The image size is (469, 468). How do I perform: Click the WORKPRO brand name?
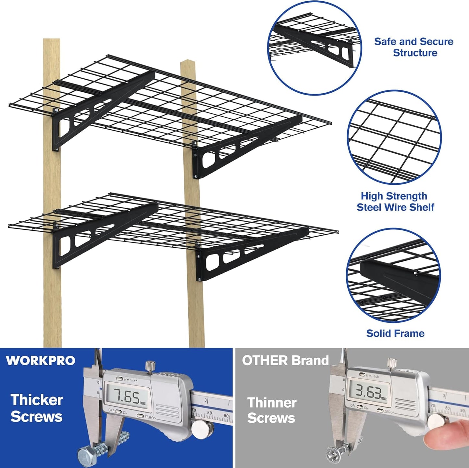pyautogui.click(x=41, y=360)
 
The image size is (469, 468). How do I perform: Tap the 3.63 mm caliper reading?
pyautogui.click(x=368, y=392)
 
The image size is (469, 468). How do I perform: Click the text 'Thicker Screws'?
pyautogui.click(x=36, y=408)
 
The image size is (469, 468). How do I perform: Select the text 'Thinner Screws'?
pyautogui.click(x=272, y=410)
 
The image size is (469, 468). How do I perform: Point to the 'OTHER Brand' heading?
pyautogui.click(x=285, y=360)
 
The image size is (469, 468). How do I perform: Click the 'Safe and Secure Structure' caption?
pyautogui.click(x=413, y=47)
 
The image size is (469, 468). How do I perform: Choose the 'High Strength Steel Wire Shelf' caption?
pyautogui.click(x=395, y=201)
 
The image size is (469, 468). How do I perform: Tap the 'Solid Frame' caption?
pyautogui.click(x=395, y=333)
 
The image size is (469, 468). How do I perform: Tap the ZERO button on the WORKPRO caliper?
pyautogui.click(x=140, y=416)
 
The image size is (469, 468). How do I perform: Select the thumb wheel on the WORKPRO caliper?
pyautogui.click(x=199, y=429)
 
